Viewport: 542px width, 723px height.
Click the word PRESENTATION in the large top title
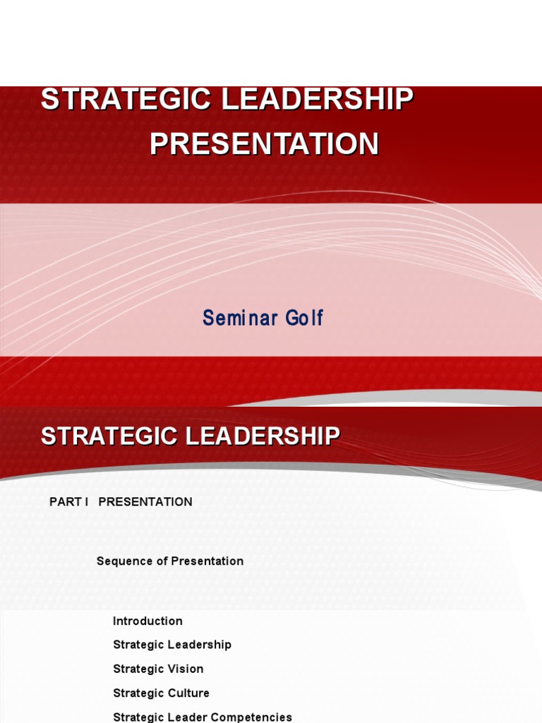(x=264, y=144)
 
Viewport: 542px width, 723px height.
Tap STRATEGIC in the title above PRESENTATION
(x=127, y=99)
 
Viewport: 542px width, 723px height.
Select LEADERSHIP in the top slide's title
(x=318, y=99)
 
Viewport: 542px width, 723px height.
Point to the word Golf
(x=304, y=318)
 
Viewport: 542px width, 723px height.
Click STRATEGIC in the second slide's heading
(x=110, y=436)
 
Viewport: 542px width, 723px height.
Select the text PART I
(x=68, y=502)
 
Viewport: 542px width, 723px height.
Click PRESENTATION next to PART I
(x=145, y=502)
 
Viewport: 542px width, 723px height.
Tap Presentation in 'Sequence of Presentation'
(x=206, y=561)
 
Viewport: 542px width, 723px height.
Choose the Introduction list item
(x=147, y=621)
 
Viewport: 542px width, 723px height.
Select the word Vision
(x=186, y=669)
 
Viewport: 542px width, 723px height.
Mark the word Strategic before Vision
(x=138, y=669)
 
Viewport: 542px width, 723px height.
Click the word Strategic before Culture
(x=138, y=693)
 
